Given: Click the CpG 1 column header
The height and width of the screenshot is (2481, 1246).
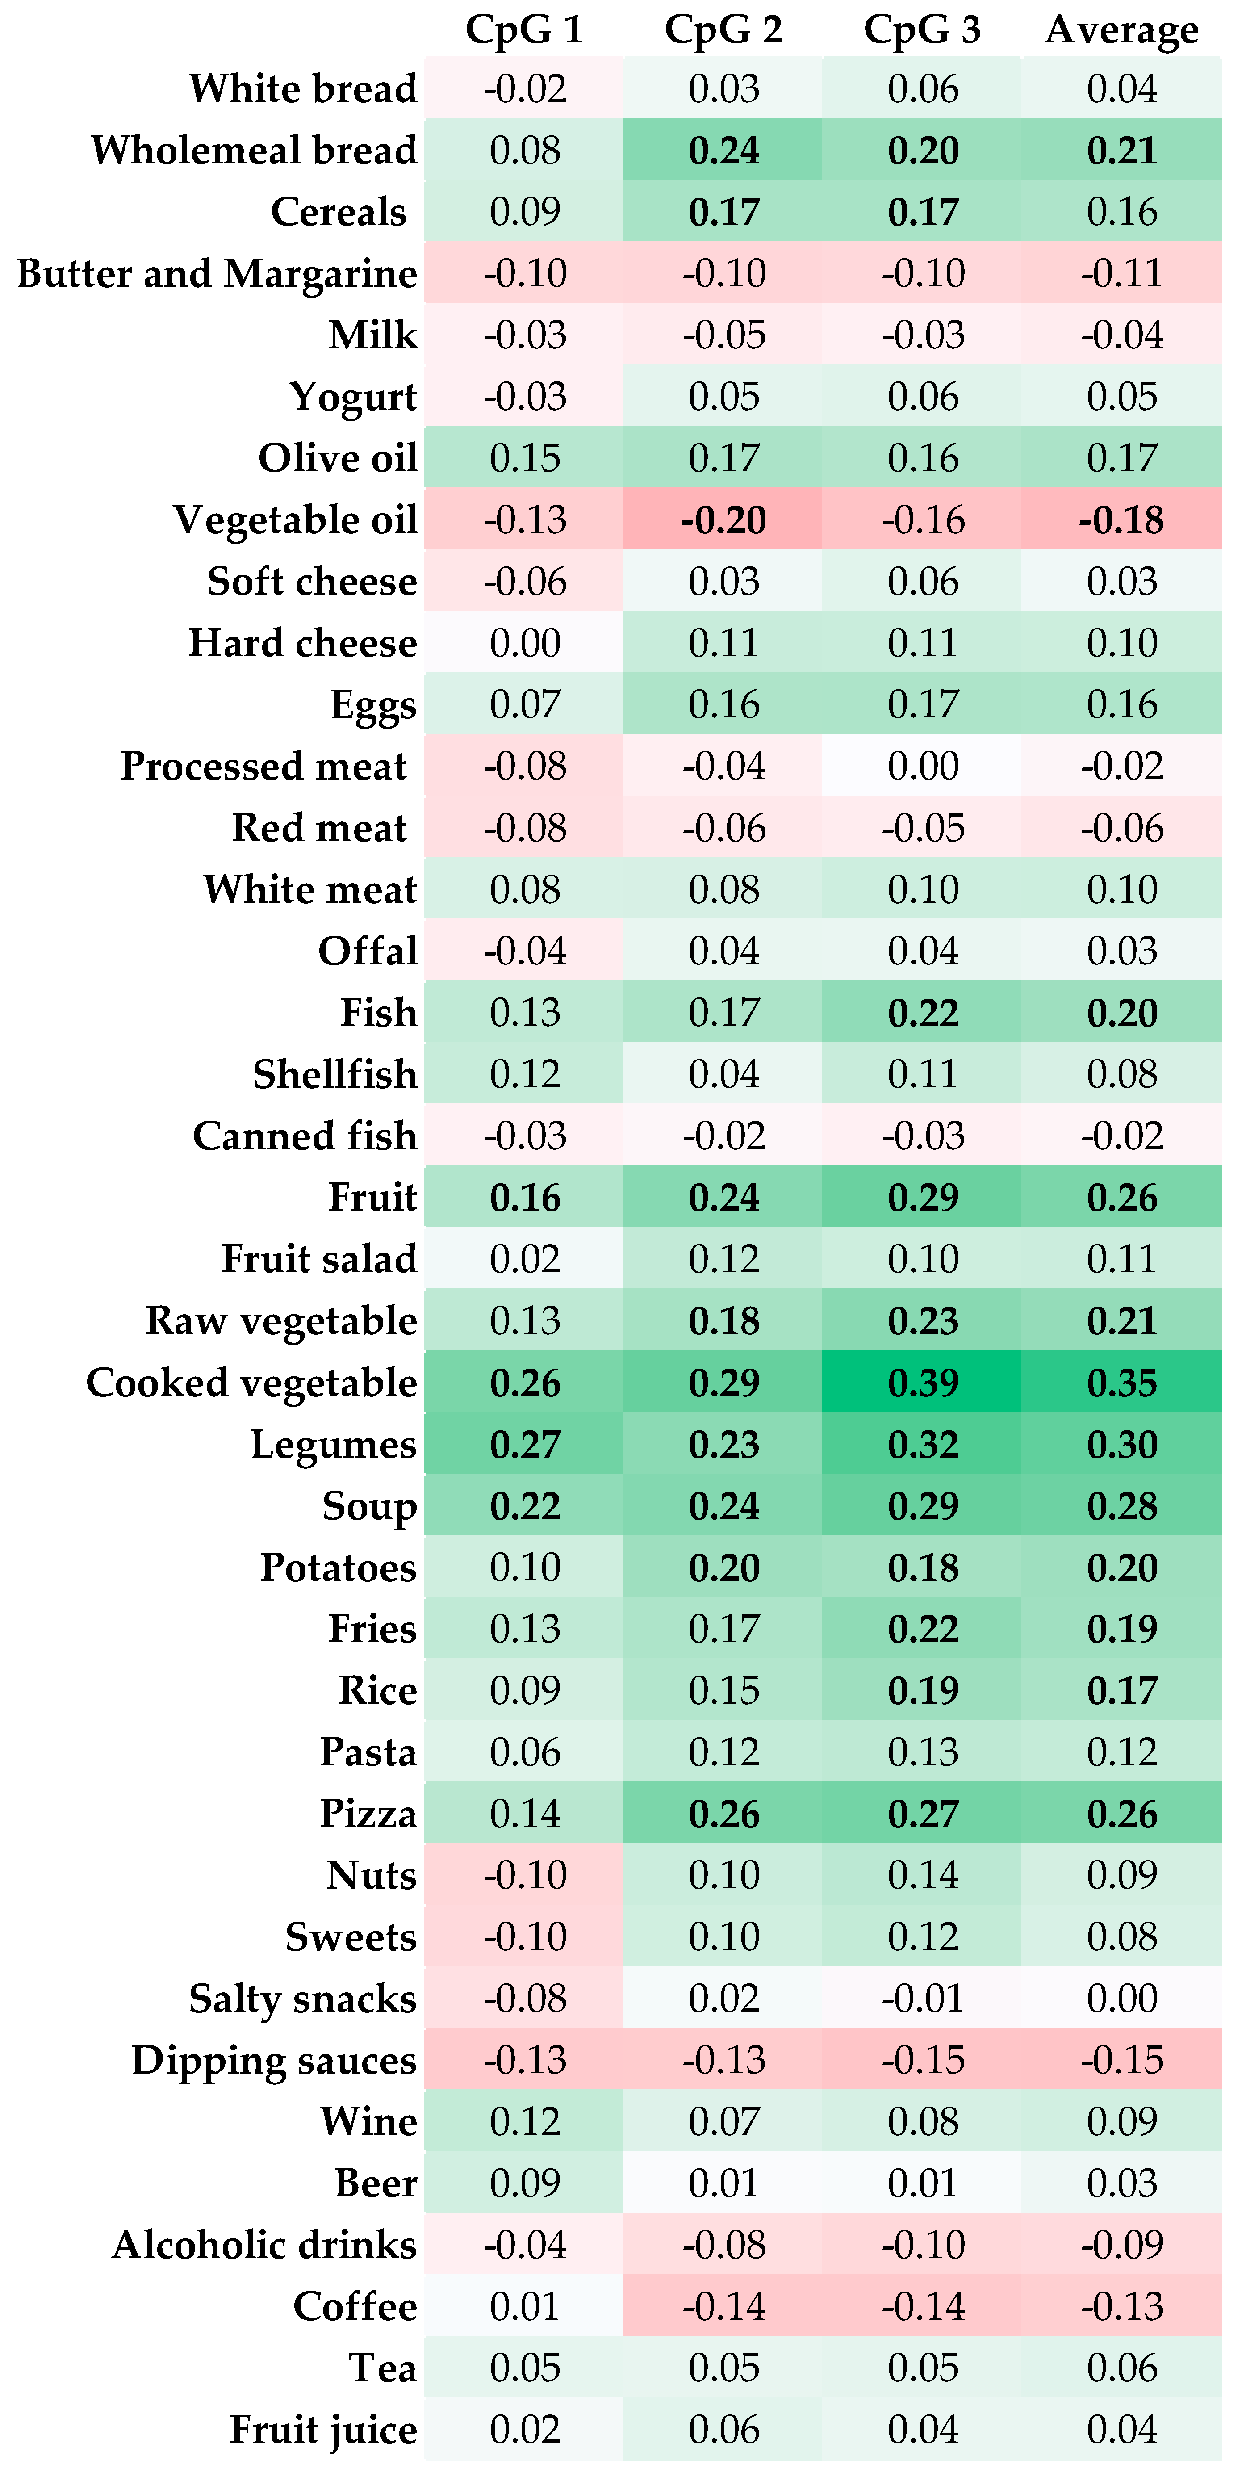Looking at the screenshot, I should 525,30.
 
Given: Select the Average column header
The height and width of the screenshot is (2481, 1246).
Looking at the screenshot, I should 1122,30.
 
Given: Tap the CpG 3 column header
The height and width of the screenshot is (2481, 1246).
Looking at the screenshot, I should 923,30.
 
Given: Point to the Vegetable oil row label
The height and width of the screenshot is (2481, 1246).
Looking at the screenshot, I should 296,520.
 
